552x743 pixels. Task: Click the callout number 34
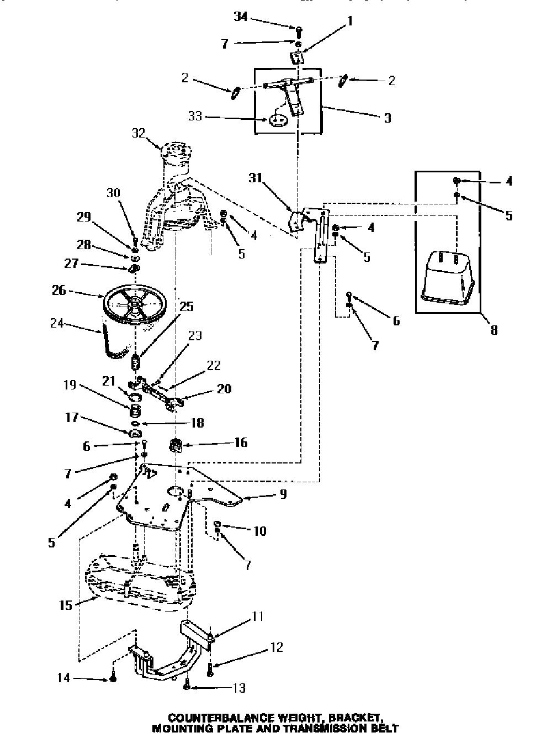tap(241, 16)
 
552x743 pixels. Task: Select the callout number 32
tap(139, 133)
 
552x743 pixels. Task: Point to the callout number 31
tap(256, 178)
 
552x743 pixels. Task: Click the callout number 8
tap(494, 330)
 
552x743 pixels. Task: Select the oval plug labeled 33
tap(278, 120)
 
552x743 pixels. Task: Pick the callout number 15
tap(65, 605)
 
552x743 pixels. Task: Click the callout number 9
tap(283, 494)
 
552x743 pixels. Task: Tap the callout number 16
tap(241, 442)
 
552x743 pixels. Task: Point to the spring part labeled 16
tap(176, 445)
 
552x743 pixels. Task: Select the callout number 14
tap(63, 678)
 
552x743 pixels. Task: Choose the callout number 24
tap(56, 323)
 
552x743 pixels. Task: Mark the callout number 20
tap(224, 388)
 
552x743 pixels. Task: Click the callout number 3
tap(388, 118)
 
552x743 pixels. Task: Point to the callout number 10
tap(260, 531)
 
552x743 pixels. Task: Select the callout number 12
tap(277, 647)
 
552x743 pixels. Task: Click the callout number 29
tap(84, 217)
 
